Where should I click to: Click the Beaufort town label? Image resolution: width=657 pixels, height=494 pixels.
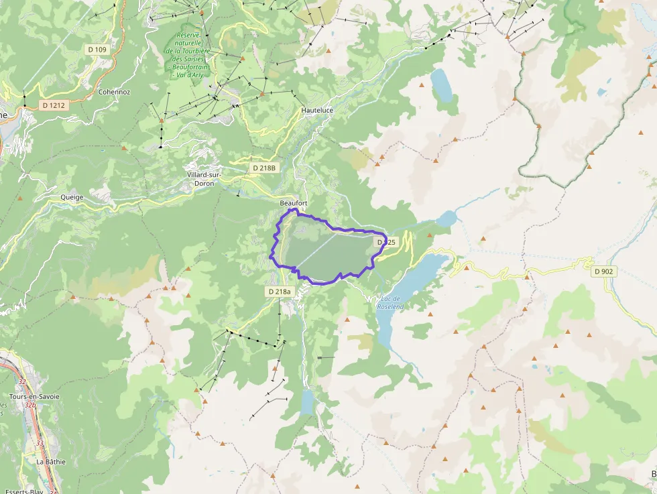tap(293, 202)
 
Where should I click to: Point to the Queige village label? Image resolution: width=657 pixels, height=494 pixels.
tap(72, 198)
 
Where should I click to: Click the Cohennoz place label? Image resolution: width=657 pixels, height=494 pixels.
tap(114, 91)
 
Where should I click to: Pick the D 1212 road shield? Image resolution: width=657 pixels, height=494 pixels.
tap(54, 105)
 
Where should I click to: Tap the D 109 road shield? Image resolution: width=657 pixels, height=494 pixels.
tap(97, 50)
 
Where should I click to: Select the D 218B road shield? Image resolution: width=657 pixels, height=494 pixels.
tap(263, 168)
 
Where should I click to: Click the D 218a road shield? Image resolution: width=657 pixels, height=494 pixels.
tap(280, 292)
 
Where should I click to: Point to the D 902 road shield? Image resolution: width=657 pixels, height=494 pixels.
tap(604, 271)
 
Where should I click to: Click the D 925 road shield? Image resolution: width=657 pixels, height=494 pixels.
tap(387, 241)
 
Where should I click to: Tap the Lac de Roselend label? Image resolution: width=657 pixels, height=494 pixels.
tap(390, 302)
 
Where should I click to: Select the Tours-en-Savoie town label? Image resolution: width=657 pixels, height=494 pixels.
tap(34, 396)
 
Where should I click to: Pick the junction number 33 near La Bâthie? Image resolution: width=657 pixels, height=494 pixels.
tap(39, 443)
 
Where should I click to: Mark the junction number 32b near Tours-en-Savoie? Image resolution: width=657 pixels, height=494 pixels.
tap(29, 405)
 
